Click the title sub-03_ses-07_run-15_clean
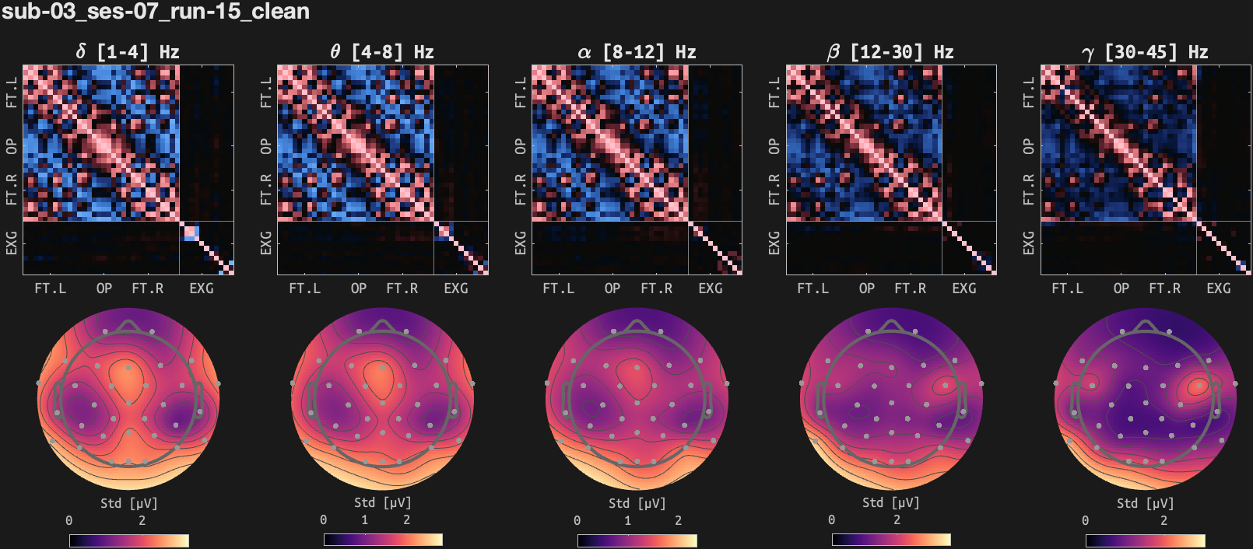[x=156, y=12]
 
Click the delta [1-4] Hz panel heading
[x=128, y=52]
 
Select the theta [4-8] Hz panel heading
[x=381, y=52]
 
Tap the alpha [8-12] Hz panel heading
[x=636, y=52]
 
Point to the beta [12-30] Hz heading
[x=890, y=52]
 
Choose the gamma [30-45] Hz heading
[x=1144, y=52]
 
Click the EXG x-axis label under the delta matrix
[x=202, y=288]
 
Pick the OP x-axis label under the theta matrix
[x=359, y=288]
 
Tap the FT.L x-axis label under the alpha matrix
[x=559, y=288]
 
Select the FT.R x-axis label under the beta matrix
[x=911, y=288]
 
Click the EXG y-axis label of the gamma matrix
[x=1029, y=243]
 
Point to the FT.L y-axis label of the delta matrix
[x=12, y=92]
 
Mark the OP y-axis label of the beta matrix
[x=774, y=146]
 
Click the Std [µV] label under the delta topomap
[x=128, y=503]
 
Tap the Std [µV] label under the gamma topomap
[x=1145, y=503]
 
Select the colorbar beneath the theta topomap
[x=383, y=540]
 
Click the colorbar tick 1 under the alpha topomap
[x=628, y=520]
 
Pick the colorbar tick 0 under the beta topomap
[x=831, y=520]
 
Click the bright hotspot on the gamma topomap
[x=1197, y=385]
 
